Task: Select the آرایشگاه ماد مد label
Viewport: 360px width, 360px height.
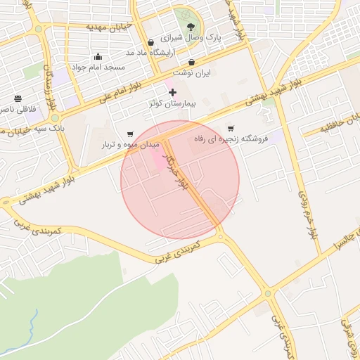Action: pyautogui.click(x=150, y=53)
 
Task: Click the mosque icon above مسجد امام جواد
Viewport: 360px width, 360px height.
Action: pyautogui.click(x=98, y=57)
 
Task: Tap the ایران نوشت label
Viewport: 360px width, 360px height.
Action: pyautogui.click(x=192, y=72)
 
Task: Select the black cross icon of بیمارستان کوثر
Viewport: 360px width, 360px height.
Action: pyautogui.click(x=173, y=92)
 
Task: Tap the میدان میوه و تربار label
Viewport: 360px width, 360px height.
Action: pyautogui.click(x=129, y=144)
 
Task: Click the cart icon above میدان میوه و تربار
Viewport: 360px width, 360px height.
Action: pyautogui.click(x=130, y=134)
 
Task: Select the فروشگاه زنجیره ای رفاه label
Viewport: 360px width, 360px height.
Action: pyautogui.click(x=231, y=139)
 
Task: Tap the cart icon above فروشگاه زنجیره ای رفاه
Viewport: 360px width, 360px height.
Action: pyautogui.click(x=231, y=129)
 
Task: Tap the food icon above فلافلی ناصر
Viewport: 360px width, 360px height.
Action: pyautogui.click(x=17, y=98)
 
